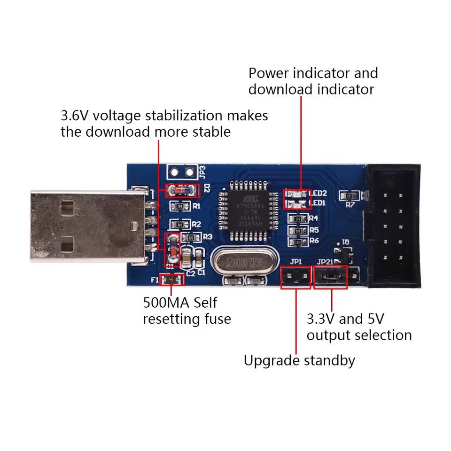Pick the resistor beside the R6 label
[297, 241]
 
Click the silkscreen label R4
[313, 218]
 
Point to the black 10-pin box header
[393, 225]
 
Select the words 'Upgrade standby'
[299, 360]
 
